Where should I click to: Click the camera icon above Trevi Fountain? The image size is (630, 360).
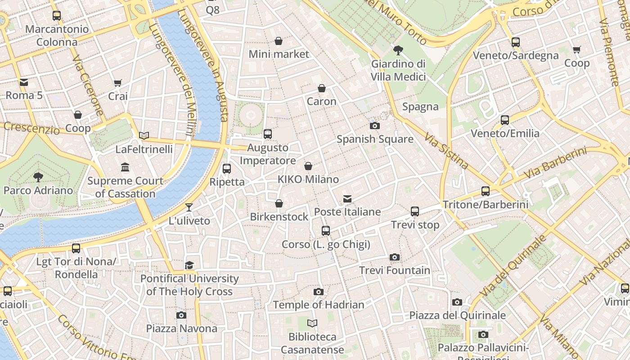(394, 257)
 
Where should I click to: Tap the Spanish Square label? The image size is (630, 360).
(375, 139)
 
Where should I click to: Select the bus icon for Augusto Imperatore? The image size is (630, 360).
(268, 134)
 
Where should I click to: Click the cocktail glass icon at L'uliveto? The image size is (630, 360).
(189, 207)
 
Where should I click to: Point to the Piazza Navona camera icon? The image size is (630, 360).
(181, 315)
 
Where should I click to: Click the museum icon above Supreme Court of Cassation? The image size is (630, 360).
(125, 168)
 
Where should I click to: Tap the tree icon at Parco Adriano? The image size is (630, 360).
(38, 177)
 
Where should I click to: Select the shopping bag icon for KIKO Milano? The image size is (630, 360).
(308, 166)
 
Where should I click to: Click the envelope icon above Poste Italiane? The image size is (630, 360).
(347, 199)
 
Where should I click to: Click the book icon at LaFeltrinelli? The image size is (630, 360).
(144, 135)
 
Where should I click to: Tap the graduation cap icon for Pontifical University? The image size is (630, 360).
(189, 265)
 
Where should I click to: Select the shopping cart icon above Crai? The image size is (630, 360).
(118, 83)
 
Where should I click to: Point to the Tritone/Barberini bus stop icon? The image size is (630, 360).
(486, 191)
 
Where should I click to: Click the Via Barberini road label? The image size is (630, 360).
(555, 163)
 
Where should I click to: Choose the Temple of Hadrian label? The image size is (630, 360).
(319, 305)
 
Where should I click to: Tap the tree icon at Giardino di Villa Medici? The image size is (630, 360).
(398, 50)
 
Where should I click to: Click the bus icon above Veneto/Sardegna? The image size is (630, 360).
(516, 42)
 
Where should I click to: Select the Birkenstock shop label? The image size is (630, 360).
(279, 216)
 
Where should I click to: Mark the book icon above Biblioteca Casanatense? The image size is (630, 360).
(312, 324)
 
